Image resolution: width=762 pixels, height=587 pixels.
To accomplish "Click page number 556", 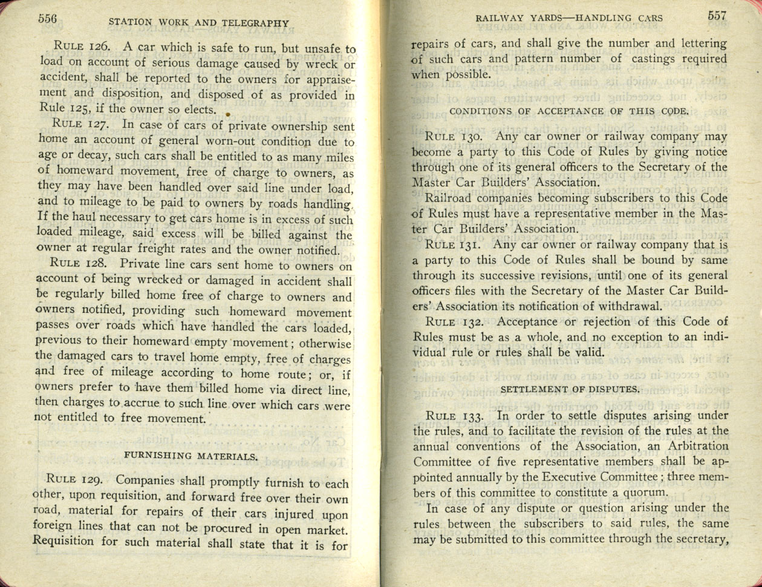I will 47,19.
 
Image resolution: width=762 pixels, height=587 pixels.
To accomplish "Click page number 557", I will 717,16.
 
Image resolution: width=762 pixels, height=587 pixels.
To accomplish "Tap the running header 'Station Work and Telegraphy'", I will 198,23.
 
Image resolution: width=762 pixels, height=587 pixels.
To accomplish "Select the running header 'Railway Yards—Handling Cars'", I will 569,18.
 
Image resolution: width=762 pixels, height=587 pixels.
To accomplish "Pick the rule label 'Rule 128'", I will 79,264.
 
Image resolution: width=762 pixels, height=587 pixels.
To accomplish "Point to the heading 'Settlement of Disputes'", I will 570,389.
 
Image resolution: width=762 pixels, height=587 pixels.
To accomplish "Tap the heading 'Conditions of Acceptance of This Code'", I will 569,111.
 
